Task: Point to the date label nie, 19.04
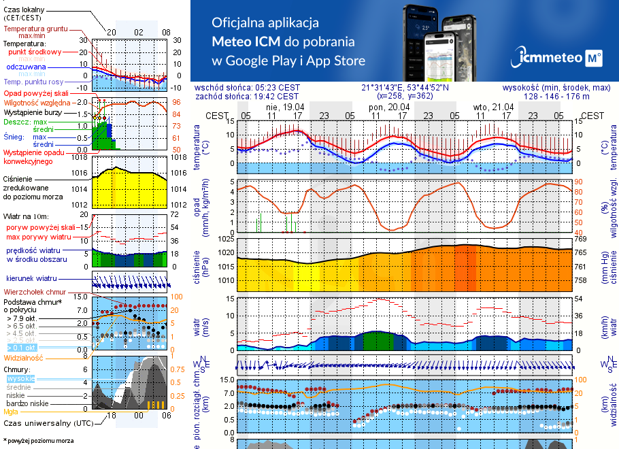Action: coord(284,107)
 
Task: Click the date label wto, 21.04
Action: coord(492,107)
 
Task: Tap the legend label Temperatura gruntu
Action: coord(35,29)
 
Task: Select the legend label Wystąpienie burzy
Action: coord(32,111)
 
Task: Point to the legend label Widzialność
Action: coord(24,356)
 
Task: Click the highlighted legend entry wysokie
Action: coord(20,378)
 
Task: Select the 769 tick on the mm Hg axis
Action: coord(580,239)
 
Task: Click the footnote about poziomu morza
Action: coord(37,441)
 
